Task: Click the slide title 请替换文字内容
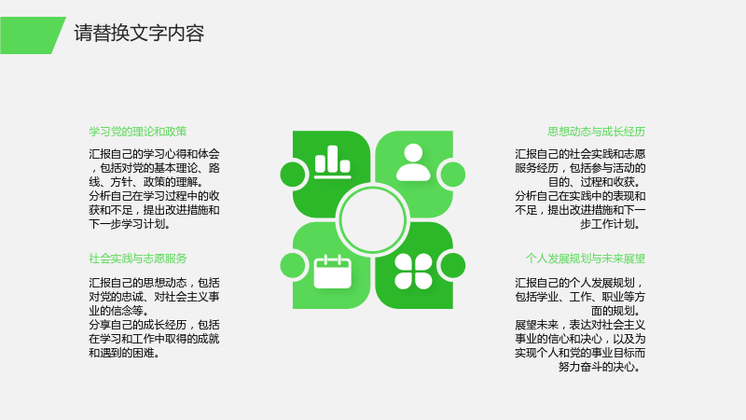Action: [x=139, y=34]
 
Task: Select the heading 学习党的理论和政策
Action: [x=137, y=132]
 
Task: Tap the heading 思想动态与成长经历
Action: [x=596, y=132]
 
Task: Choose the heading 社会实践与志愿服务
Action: [x=137, y=259]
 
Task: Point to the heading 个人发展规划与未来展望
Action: [x=586, y=259]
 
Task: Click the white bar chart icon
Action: [x=333, y=161]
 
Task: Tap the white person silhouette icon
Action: [x=413, y=162]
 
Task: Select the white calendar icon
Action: [x=333, y=272]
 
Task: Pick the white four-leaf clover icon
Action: [x=413, y=272]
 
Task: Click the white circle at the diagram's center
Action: [x=372, y=220]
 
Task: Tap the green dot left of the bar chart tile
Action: [x=293, y=175]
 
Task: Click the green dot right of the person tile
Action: [x=453, y=175]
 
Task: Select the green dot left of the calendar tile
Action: [x=293, y=265]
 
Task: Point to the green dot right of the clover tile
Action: [x=453, y=265]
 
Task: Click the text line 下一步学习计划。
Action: [x=130, y=224]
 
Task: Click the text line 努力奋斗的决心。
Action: [x=601, y=367]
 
